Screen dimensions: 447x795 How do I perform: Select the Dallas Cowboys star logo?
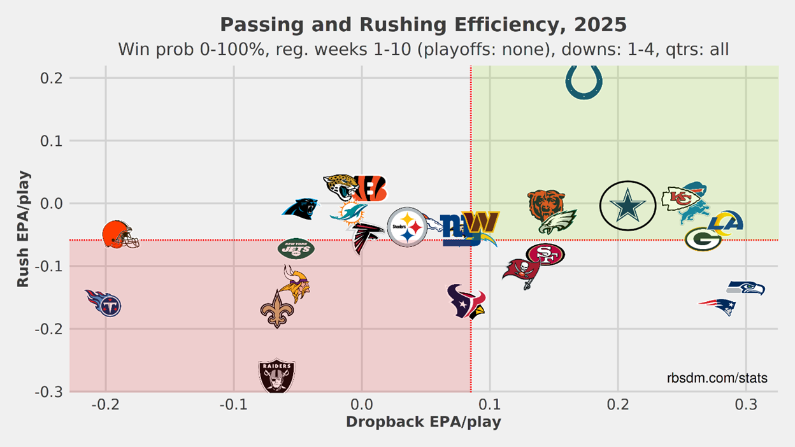[628, 205]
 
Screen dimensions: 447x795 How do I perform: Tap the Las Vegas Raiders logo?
[276, 376]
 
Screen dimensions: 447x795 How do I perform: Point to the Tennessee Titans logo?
[104, 304]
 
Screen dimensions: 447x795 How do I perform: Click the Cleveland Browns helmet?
[119, 234]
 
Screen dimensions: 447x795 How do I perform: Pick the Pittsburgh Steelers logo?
[407, 227]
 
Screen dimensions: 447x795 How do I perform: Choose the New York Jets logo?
[296, 248]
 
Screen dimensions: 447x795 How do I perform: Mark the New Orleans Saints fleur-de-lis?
[277, 309]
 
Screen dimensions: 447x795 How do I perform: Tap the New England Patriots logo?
[718, 306]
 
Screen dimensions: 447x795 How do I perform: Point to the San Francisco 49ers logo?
[545, 254]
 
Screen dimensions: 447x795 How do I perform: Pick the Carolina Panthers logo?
[300, 209]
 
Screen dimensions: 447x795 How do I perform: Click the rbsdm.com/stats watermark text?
[717, 378]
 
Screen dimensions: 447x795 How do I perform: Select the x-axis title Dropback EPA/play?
[423, 422]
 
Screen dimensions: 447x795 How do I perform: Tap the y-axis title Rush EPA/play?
[23, 229]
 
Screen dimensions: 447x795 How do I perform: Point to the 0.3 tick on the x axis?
[746, 405]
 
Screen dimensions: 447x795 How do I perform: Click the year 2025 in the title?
[600, 25]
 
